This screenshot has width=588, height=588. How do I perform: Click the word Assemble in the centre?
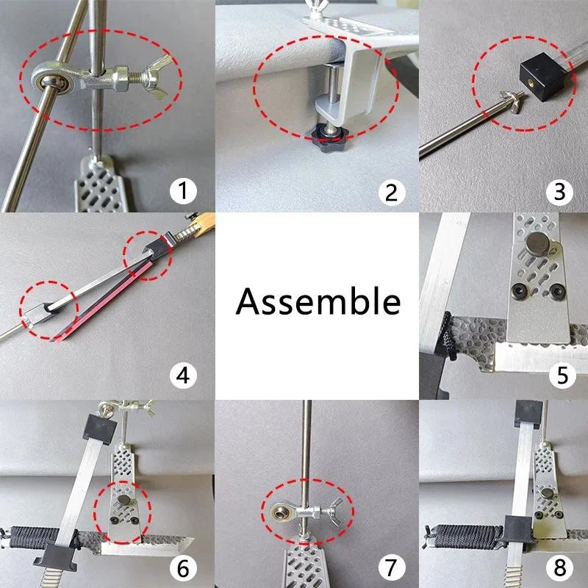tap(318, 302)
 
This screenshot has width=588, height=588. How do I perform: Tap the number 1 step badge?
tap(183, 190)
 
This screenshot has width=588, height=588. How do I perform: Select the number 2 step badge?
tap(392, 192)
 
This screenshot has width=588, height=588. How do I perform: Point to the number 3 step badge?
tap(559, 191)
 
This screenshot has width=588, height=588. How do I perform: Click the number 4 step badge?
tap(183, 376)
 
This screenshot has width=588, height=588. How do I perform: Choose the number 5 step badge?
tap(562, 376)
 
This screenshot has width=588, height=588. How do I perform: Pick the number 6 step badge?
tap(183, 568)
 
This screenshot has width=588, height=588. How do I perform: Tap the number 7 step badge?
tap(392, 567)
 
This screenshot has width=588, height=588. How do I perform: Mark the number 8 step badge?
tap(559, 567)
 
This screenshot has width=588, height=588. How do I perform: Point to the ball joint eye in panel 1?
tap(54, 82)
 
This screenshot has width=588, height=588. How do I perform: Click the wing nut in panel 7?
tap(334, 512)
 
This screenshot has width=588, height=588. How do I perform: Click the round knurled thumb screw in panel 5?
tap(538, 243)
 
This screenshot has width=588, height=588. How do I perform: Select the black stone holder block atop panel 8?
tap(528, 413)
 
